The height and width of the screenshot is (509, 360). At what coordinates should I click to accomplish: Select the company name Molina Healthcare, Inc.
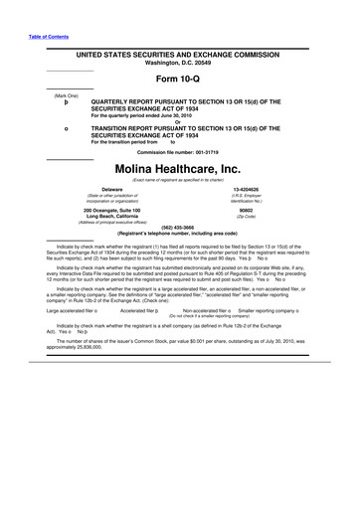(x=179, y=170)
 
